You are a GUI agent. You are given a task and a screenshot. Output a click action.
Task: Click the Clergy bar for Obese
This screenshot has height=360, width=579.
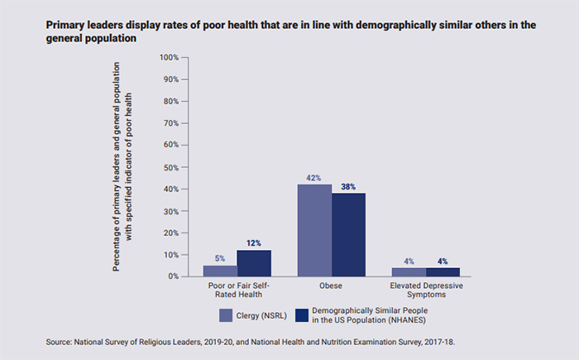[314, 230]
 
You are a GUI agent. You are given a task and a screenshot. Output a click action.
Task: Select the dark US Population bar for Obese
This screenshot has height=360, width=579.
[348, 234]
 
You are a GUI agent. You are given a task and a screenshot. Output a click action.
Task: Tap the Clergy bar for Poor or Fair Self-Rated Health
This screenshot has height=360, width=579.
[219, 271]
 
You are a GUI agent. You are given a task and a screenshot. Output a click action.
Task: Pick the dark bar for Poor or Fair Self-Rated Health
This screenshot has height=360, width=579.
[253, 263]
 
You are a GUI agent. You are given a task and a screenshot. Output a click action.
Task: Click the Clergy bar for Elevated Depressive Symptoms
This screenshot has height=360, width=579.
[409, 271]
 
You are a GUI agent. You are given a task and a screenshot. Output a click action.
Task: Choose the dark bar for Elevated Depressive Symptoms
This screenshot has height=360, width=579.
[443, 271]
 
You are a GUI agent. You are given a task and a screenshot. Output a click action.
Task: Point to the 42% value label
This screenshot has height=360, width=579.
[314, 177]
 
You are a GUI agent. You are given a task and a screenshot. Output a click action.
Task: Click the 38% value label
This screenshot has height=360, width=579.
[348, 186]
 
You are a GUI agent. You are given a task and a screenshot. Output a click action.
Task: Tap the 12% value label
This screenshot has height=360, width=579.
[253, 243]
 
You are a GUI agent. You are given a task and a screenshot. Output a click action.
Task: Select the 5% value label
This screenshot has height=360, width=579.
[219, 258]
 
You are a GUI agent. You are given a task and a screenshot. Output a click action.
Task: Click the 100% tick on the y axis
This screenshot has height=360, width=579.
[169, 57]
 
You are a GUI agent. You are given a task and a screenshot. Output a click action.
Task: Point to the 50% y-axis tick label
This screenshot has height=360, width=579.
[170, 167]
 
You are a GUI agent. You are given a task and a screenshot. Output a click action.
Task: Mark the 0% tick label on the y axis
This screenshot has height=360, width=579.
[173, 276]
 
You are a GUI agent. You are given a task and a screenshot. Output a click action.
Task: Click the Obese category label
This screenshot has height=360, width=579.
[332, 286]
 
